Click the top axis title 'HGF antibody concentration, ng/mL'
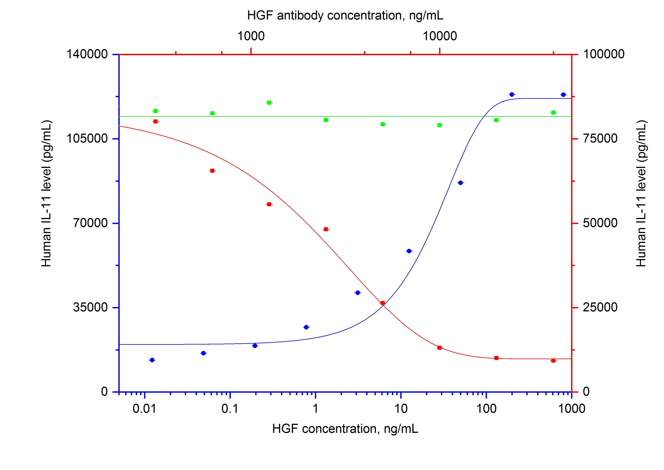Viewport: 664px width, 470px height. (x=345, y=15)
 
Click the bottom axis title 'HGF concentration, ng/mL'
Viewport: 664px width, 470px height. (x=345, y=429)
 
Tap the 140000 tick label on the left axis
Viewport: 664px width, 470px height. (x=87, y=54)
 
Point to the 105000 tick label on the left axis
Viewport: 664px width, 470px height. (x=87, y=138)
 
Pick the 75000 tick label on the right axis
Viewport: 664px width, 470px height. (x=600, y=138)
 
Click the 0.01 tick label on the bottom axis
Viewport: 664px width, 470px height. (x=144, y=409)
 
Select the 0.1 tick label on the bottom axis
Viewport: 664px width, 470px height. (x=230, y=409)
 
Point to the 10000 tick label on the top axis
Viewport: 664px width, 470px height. (x=440, y=36)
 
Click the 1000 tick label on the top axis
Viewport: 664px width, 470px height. (x=251, y=36)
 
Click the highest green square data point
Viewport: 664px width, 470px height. (x=269, y=103)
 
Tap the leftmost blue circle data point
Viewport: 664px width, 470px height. (x=152, y=360)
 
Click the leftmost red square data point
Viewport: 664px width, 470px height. (x=156, y=121)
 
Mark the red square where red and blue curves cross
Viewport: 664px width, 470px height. (x=383, y=303)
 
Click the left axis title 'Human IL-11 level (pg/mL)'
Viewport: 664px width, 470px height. (x=46, y=193)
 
